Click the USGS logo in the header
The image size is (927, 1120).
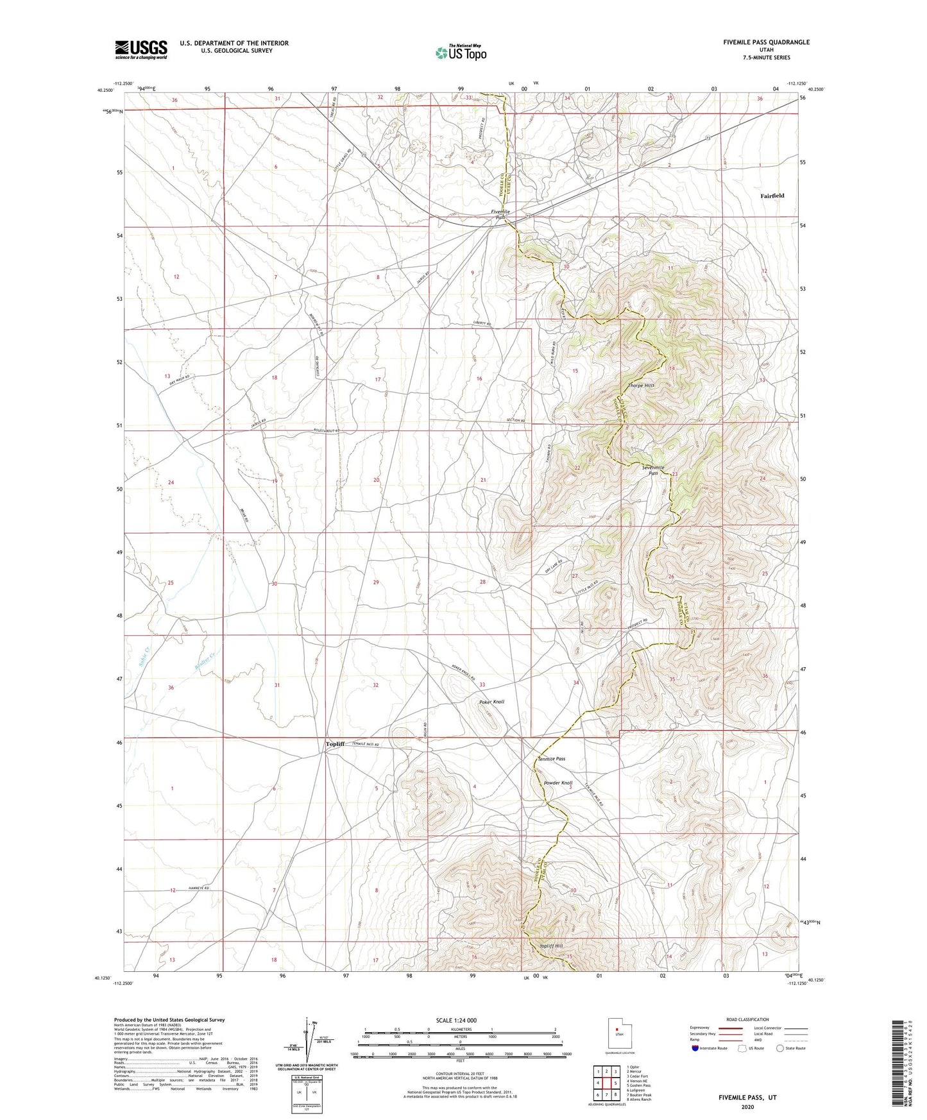click(141, 49)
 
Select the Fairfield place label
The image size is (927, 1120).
click(772, 196)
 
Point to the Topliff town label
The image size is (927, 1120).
click(335, 744)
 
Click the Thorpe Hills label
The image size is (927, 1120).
click(641, 386)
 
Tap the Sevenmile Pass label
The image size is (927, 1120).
click(654, 470)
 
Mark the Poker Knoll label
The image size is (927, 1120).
click(491, 702)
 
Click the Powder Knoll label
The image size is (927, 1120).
click(558, 783)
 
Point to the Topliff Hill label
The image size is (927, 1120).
click(550, 946)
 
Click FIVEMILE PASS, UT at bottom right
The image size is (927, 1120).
click(747, 1098)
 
